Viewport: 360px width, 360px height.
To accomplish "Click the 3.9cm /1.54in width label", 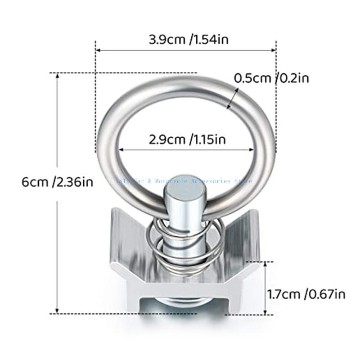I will [189, 39].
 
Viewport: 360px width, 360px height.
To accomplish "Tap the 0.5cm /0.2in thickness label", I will [278, 78].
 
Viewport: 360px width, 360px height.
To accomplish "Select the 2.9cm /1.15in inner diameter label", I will [188, 139].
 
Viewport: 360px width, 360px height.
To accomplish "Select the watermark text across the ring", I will [184, 181].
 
